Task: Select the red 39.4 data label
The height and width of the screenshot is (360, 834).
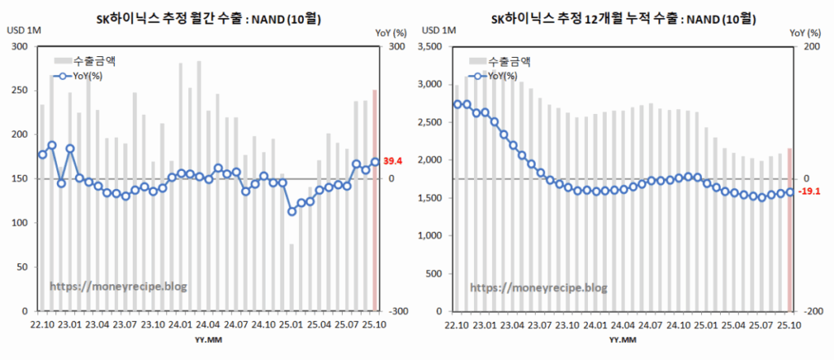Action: coord(395,161)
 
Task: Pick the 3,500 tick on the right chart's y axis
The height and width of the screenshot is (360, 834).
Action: coord(430,46)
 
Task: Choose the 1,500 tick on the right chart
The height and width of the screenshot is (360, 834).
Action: coord(430,198)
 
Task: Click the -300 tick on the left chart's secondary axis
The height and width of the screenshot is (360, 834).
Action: coord(397,312)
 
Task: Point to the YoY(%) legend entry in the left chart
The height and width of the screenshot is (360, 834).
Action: coord(81,76)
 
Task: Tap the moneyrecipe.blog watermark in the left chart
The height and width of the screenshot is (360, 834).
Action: coord(118,287)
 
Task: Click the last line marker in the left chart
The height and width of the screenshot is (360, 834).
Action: coord(375,162)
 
